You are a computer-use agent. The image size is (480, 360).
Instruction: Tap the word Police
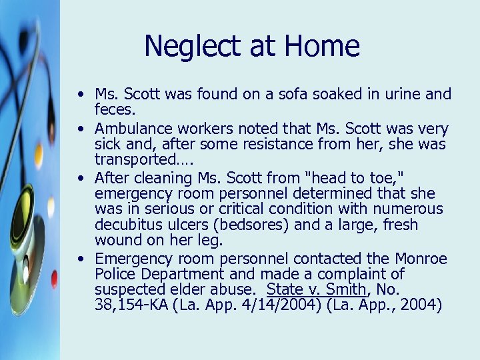point(115,274)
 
